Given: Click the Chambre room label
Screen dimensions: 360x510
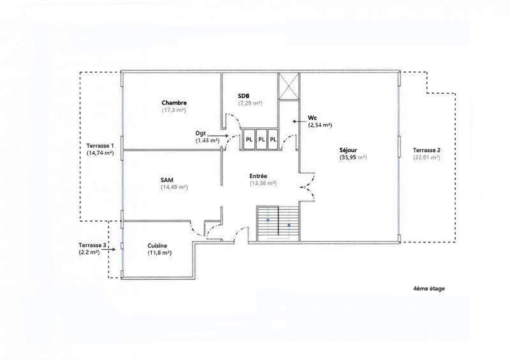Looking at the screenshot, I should (173, 103).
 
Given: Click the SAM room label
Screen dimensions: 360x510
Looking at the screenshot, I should (167, 180).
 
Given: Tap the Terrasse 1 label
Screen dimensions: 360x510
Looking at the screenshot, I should (99, 145).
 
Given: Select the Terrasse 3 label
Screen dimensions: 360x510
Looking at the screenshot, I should (92, 245).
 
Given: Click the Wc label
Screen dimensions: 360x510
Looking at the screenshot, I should (313, 118).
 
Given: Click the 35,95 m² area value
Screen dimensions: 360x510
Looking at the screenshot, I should (353, 157).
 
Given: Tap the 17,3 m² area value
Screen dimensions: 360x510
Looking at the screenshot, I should (173, 110).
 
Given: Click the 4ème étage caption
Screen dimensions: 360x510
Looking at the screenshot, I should (428, 288).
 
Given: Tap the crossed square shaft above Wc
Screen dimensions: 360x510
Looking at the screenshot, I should (288, 86).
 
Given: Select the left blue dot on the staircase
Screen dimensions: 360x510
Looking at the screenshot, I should (268, 220).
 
